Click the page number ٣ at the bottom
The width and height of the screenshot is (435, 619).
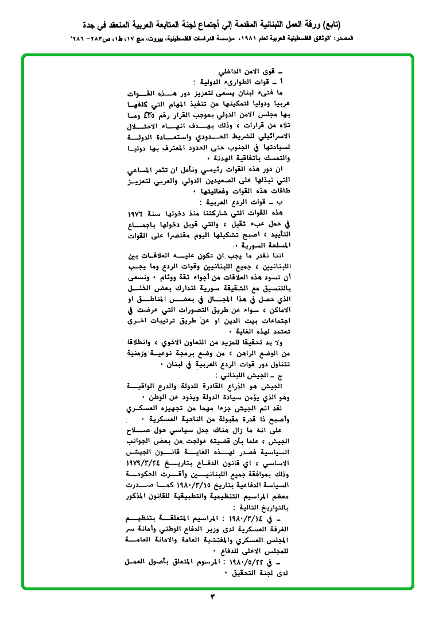coord(213,598)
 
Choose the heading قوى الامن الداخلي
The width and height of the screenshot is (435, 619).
coord(248,73)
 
